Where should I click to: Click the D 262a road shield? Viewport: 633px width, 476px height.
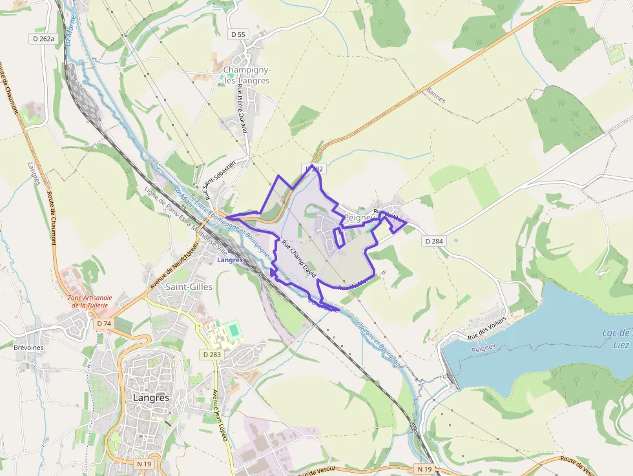coord(43,39)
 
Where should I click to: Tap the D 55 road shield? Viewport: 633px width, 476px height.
coord(238,34)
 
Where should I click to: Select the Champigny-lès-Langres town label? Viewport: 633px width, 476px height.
coord(246,75)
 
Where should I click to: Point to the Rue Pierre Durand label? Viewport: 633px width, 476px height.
coord(242,109)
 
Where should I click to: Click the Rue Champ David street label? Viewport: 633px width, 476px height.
coord(300,260)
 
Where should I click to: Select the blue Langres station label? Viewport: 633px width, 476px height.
coord(231,260)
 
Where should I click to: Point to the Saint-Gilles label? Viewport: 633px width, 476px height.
coord(189,286)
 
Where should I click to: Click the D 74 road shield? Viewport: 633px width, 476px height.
coord(103,323)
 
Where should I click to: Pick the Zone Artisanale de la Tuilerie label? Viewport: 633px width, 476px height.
coord(90,301)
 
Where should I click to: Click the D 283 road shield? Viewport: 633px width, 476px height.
coord(211,354)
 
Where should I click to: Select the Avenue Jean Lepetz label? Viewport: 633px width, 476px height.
coord(220,415)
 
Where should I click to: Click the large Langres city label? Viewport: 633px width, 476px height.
coord(150,398)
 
